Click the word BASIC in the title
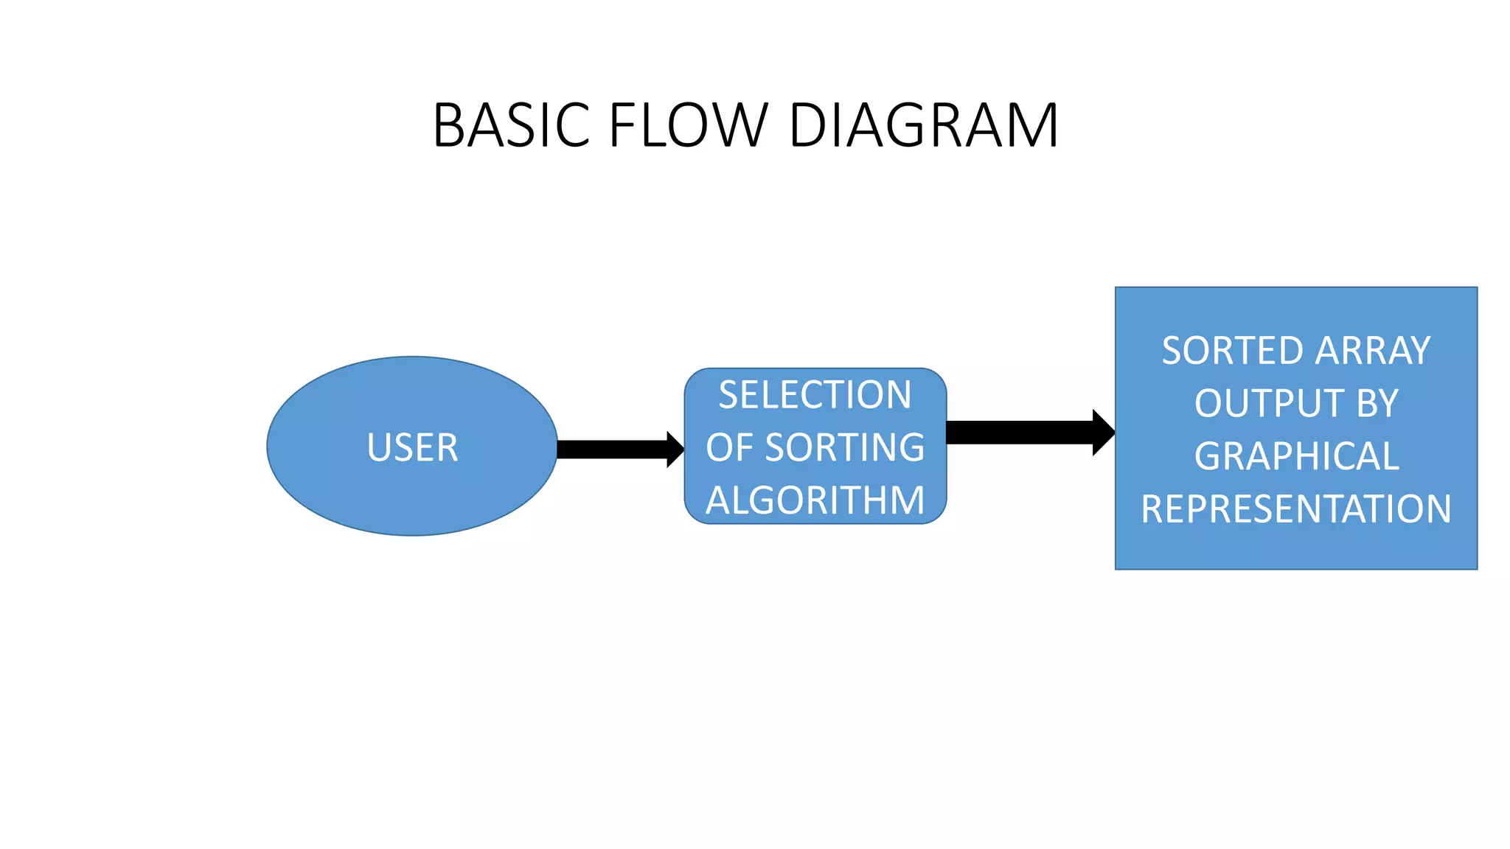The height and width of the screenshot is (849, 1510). tap(511, 125)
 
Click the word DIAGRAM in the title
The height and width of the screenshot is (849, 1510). tap(923, 125)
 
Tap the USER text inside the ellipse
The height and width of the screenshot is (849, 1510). tap(412, 448)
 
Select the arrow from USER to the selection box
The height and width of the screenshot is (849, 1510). tap(612, 450)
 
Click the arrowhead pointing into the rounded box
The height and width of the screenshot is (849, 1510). tap(675, 450)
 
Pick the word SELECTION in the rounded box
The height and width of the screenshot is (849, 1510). tap(815, 395)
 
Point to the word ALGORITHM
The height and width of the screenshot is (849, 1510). tap(815, 500)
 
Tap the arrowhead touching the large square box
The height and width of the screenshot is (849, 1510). tap(1103, 433)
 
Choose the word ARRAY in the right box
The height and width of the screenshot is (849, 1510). tap(1373, 351)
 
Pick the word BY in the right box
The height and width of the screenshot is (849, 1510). tap(1377, 404)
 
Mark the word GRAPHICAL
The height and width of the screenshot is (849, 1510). tap(1296, 456)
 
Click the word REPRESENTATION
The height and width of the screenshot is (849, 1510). tap(1296, 509)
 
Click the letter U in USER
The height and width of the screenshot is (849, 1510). tap(378, 448)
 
